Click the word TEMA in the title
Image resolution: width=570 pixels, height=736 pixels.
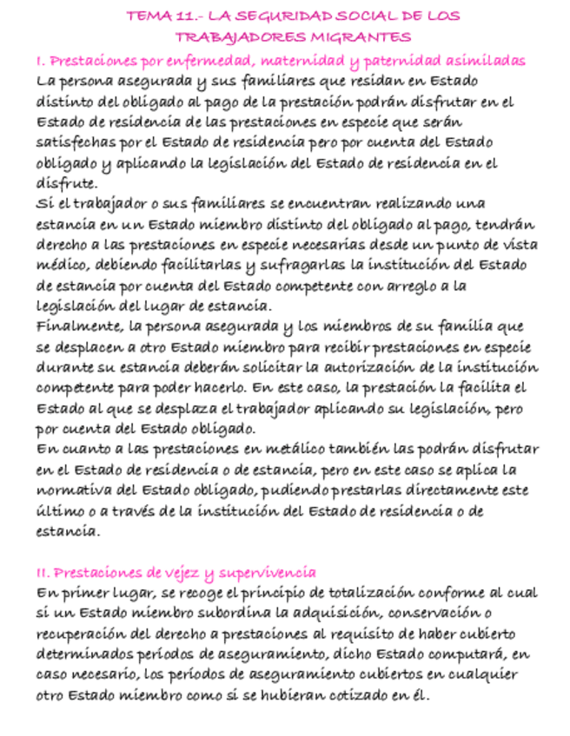(x=142, y=16)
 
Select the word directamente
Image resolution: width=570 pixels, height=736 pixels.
(x=441, y=490)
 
